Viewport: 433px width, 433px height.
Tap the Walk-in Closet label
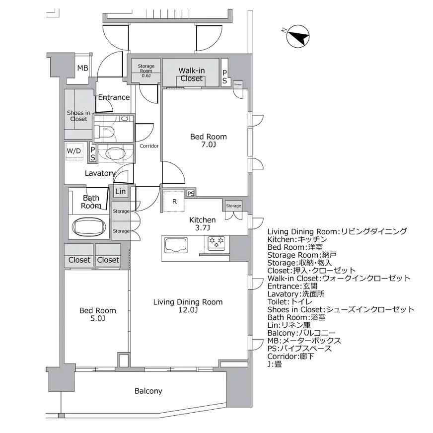point(191,74)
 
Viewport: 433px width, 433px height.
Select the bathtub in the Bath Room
point(89,227)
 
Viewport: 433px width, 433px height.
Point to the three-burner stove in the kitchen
point(217,243)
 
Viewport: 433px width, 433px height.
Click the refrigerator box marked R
point(174,202)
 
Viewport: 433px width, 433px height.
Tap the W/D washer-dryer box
point(74,151)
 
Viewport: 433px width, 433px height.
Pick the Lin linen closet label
point(120,192)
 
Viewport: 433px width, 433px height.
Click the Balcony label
point(148,391)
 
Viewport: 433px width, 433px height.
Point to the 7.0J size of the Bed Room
point(209,145)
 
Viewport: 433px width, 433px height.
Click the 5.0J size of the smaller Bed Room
point(98,319)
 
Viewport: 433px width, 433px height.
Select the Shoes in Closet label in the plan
point(78,116)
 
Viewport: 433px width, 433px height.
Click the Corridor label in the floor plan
point(149,146)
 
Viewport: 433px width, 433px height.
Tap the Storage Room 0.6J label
point(146,70)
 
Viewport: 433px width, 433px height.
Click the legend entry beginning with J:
point(274,364)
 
